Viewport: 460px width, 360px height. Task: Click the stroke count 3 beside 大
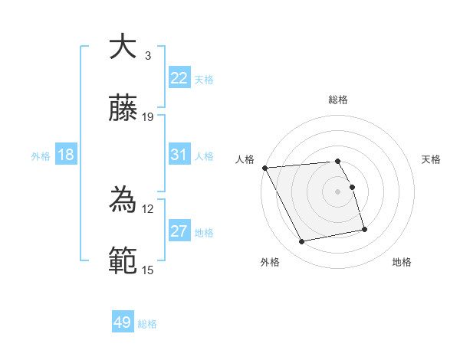click(x=148, y=56)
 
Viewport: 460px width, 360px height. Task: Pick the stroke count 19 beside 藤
click(x=148, y=117)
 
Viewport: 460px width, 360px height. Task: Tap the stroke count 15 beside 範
click(x=148, y=270)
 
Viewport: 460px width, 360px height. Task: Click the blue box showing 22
click(x=179, y=78)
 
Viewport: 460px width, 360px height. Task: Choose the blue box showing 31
click(x=179, y=155)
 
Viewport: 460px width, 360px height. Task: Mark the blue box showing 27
click(x=179, y=231)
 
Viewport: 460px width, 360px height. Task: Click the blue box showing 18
click(x=66, y=155)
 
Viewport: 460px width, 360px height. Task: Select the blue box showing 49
click(x=123, y=322)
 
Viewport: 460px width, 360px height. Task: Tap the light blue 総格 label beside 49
click(x=147, y=324)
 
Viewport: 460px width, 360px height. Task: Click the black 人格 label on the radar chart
click(x=245, y=159)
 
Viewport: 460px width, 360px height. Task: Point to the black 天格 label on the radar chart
click(x=431, y=159)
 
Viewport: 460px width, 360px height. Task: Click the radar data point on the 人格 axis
click(x=264, y=168)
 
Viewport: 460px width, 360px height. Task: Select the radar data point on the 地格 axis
click(x=364, y=229)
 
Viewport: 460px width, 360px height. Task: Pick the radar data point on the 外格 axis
click(x=302, y=242)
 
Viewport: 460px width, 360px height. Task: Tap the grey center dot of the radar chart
click(x=337, y=191)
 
